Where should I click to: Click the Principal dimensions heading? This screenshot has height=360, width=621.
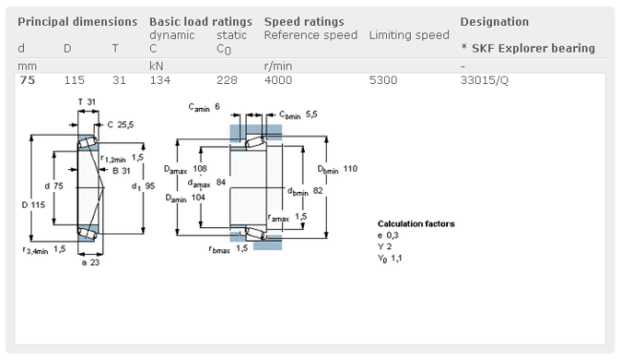[77, 22]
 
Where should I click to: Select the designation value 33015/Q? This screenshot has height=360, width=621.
[484, 80]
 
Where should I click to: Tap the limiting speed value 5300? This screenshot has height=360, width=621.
[382, 80]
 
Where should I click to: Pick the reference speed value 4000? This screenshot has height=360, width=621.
[278, 80]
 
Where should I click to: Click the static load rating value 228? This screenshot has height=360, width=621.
[226, 80]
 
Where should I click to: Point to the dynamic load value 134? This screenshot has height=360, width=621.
[160, 80]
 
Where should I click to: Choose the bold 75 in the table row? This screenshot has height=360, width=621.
[28, 80]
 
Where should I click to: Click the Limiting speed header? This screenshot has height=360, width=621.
[409, 35]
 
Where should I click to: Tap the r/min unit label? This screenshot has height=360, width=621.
[278, 66]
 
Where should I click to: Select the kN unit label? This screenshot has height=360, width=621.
[156, 66]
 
